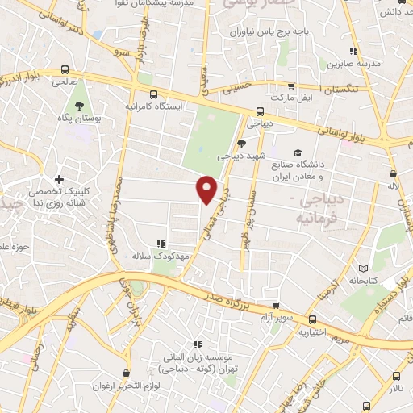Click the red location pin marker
point(207,189)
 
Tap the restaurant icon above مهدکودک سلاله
point(161,242)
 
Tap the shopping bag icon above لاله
point(394,173)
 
